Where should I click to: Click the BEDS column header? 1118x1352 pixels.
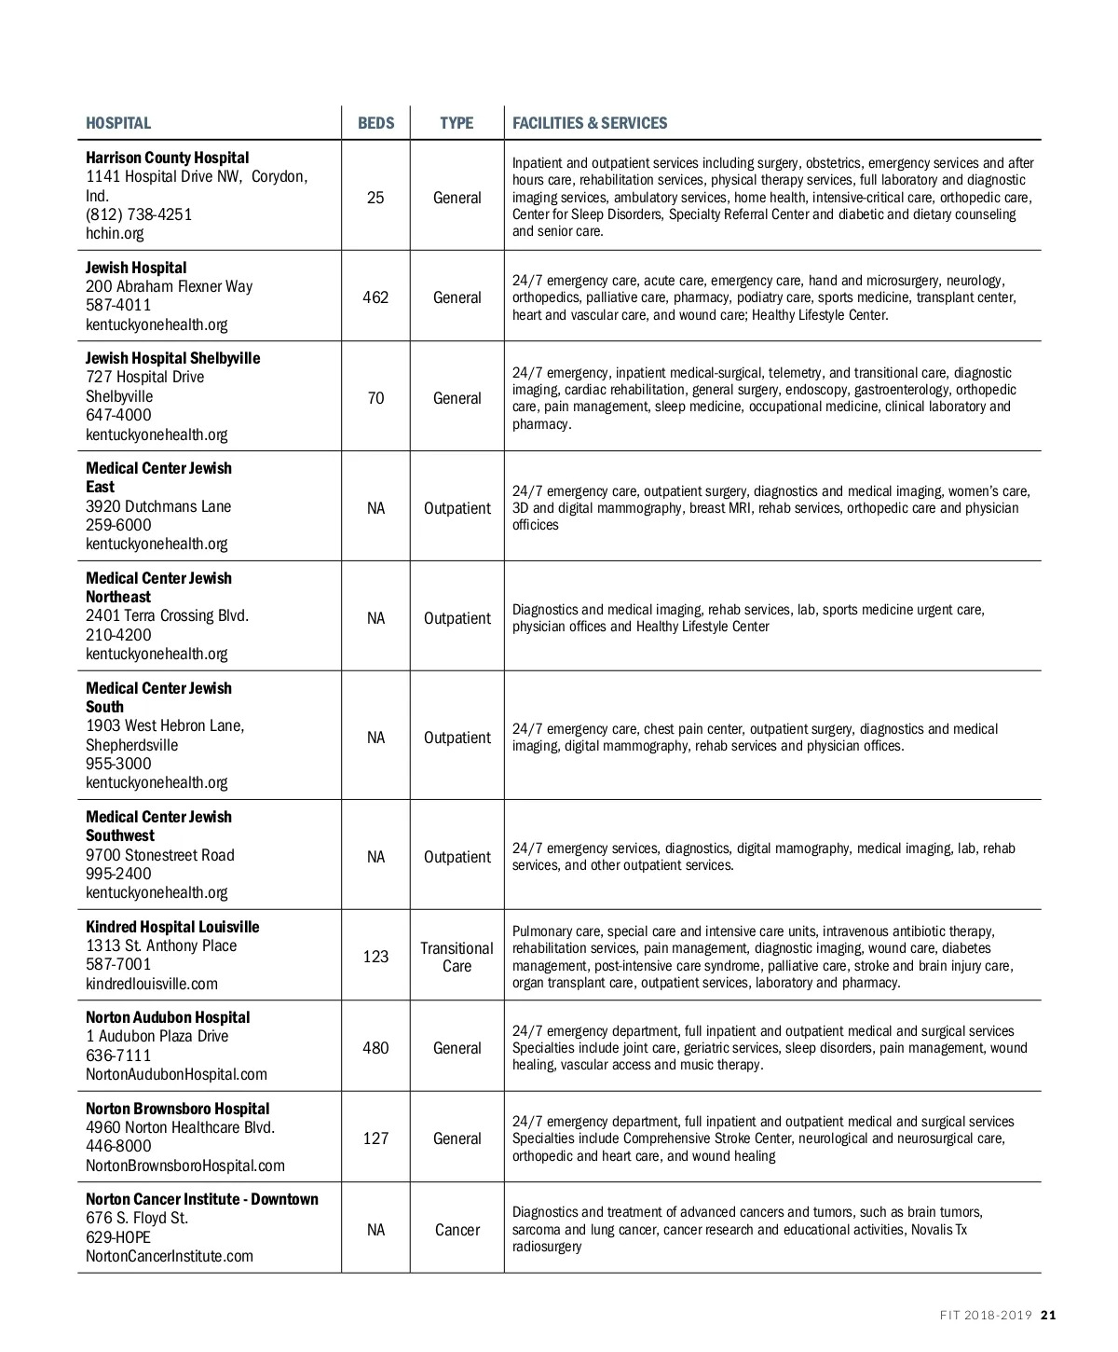(375, 123)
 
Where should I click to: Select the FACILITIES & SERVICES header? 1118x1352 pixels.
(590, 123)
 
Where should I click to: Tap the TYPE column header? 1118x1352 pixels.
(457, 123)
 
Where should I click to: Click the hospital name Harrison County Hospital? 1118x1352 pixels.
(168, 158)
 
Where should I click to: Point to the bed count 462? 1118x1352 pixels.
(375, 297)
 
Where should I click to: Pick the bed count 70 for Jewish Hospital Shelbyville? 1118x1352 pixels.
(375, 398)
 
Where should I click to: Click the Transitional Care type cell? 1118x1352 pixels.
(457, 957)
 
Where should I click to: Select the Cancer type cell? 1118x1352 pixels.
(457, 1230)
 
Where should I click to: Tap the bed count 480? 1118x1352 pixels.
(375, 1048)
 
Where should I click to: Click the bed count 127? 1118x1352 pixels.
(375, 1138)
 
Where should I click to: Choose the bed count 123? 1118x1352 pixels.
(375, 957)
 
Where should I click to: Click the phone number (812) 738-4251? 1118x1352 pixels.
(139, 214)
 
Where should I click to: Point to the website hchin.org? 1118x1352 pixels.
(115, 233)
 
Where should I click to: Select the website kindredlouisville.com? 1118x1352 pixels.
(152, 984)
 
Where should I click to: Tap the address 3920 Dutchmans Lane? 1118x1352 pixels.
(158, 506)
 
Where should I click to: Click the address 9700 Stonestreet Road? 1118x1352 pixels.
(160, 855)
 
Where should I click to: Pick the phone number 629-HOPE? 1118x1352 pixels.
(118, 1237)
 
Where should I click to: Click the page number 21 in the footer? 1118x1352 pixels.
(1048, 1316)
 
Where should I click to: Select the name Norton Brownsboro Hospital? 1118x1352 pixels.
(178, 1109)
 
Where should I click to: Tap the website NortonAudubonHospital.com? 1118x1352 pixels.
(176, 1074)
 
